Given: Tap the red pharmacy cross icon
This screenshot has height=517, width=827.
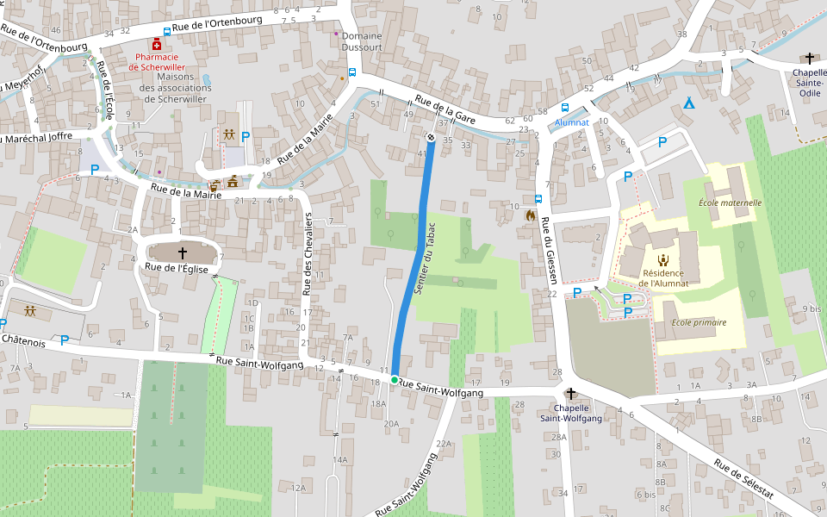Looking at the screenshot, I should click(156, 44).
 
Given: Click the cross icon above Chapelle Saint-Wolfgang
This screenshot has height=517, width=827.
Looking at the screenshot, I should click(569, 393).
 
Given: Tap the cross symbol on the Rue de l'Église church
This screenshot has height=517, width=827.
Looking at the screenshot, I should click(183, 252).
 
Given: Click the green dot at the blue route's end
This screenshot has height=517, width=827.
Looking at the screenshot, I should click(395, 379).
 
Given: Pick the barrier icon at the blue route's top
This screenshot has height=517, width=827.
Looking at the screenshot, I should click(431, 136).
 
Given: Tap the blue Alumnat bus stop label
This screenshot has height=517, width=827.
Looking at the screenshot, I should click(571, 122).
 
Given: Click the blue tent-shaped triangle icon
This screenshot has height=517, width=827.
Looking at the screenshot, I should click(688, 103).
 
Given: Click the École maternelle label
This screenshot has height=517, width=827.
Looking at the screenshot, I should click(730, 203).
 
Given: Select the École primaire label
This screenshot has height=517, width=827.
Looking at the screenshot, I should click(699, 322).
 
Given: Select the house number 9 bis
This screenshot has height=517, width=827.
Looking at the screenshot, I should click(811, 308).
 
